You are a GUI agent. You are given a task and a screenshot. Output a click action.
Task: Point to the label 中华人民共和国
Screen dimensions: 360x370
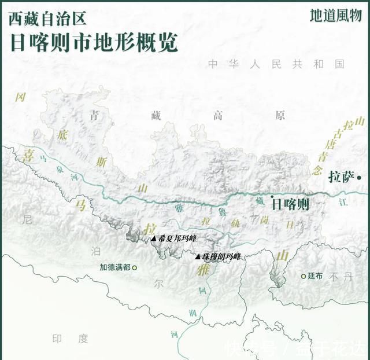click(x=276, y=64)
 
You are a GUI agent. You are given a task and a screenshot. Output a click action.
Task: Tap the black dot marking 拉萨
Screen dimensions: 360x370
click(x=359, y=177)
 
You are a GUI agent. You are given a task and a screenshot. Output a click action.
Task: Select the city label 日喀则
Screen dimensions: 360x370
click(x=291, y=204)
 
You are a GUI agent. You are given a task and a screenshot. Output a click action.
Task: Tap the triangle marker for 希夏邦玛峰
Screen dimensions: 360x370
click(x=154, y=238)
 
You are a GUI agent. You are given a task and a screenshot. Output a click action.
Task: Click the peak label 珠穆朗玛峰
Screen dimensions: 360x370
click(x=221, y=256)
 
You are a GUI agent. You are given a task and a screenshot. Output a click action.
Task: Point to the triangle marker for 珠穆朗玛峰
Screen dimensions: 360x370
click(x=198, y=256)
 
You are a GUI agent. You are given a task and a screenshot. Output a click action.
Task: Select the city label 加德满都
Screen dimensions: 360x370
click(x=115, y=268)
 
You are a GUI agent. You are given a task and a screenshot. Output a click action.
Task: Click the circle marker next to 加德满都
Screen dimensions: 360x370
click(x=135, y=268)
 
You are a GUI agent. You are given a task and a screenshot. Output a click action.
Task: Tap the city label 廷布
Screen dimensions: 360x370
click(x=315, y=276)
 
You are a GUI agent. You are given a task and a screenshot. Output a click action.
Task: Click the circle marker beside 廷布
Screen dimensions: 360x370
click(x=303, y=276)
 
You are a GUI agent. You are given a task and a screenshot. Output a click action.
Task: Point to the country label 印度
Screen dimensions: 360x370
click(x=71, y=339)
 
